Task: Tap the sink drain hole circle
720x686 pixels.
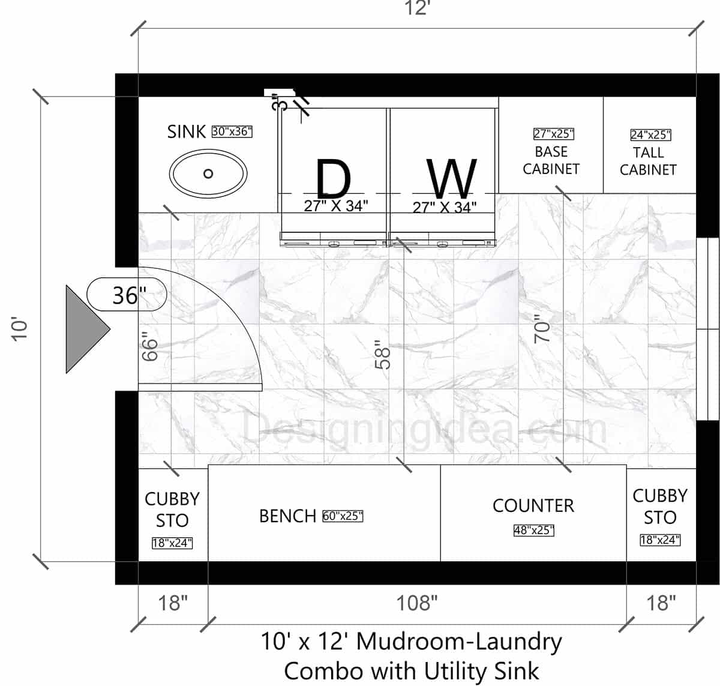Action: (208, 173)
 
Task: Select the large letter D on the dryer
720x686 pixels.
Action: (333, 178)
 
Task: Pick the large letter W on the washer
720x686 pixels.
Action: (451, 178)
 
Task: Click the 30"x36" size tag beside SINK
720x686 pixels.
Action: (232, 131)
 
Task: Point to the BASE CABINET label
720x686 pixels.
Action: (551, 160)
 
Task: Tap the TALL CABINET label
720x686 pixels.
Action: (648, 161)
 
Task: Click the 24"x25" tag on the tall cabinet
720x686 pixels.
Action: (650, 135)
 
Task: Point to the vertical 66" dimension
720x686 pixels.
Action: (149, 348)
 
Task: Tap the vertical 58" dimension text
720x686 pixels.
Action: (382, 355)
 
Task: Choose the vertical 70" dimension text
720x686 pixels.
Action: (542, 329)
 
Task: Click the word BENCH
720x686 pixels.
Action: (287, 516)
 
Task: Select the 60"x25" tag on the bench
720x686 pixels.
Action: (343, 516)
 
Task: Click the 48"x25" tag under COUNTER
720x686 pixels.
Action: (533, 531)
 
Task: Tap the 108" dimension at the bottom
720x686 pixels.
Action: (416, 603)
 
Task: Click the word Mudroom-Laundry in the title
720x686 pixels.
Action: (459, 642)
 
